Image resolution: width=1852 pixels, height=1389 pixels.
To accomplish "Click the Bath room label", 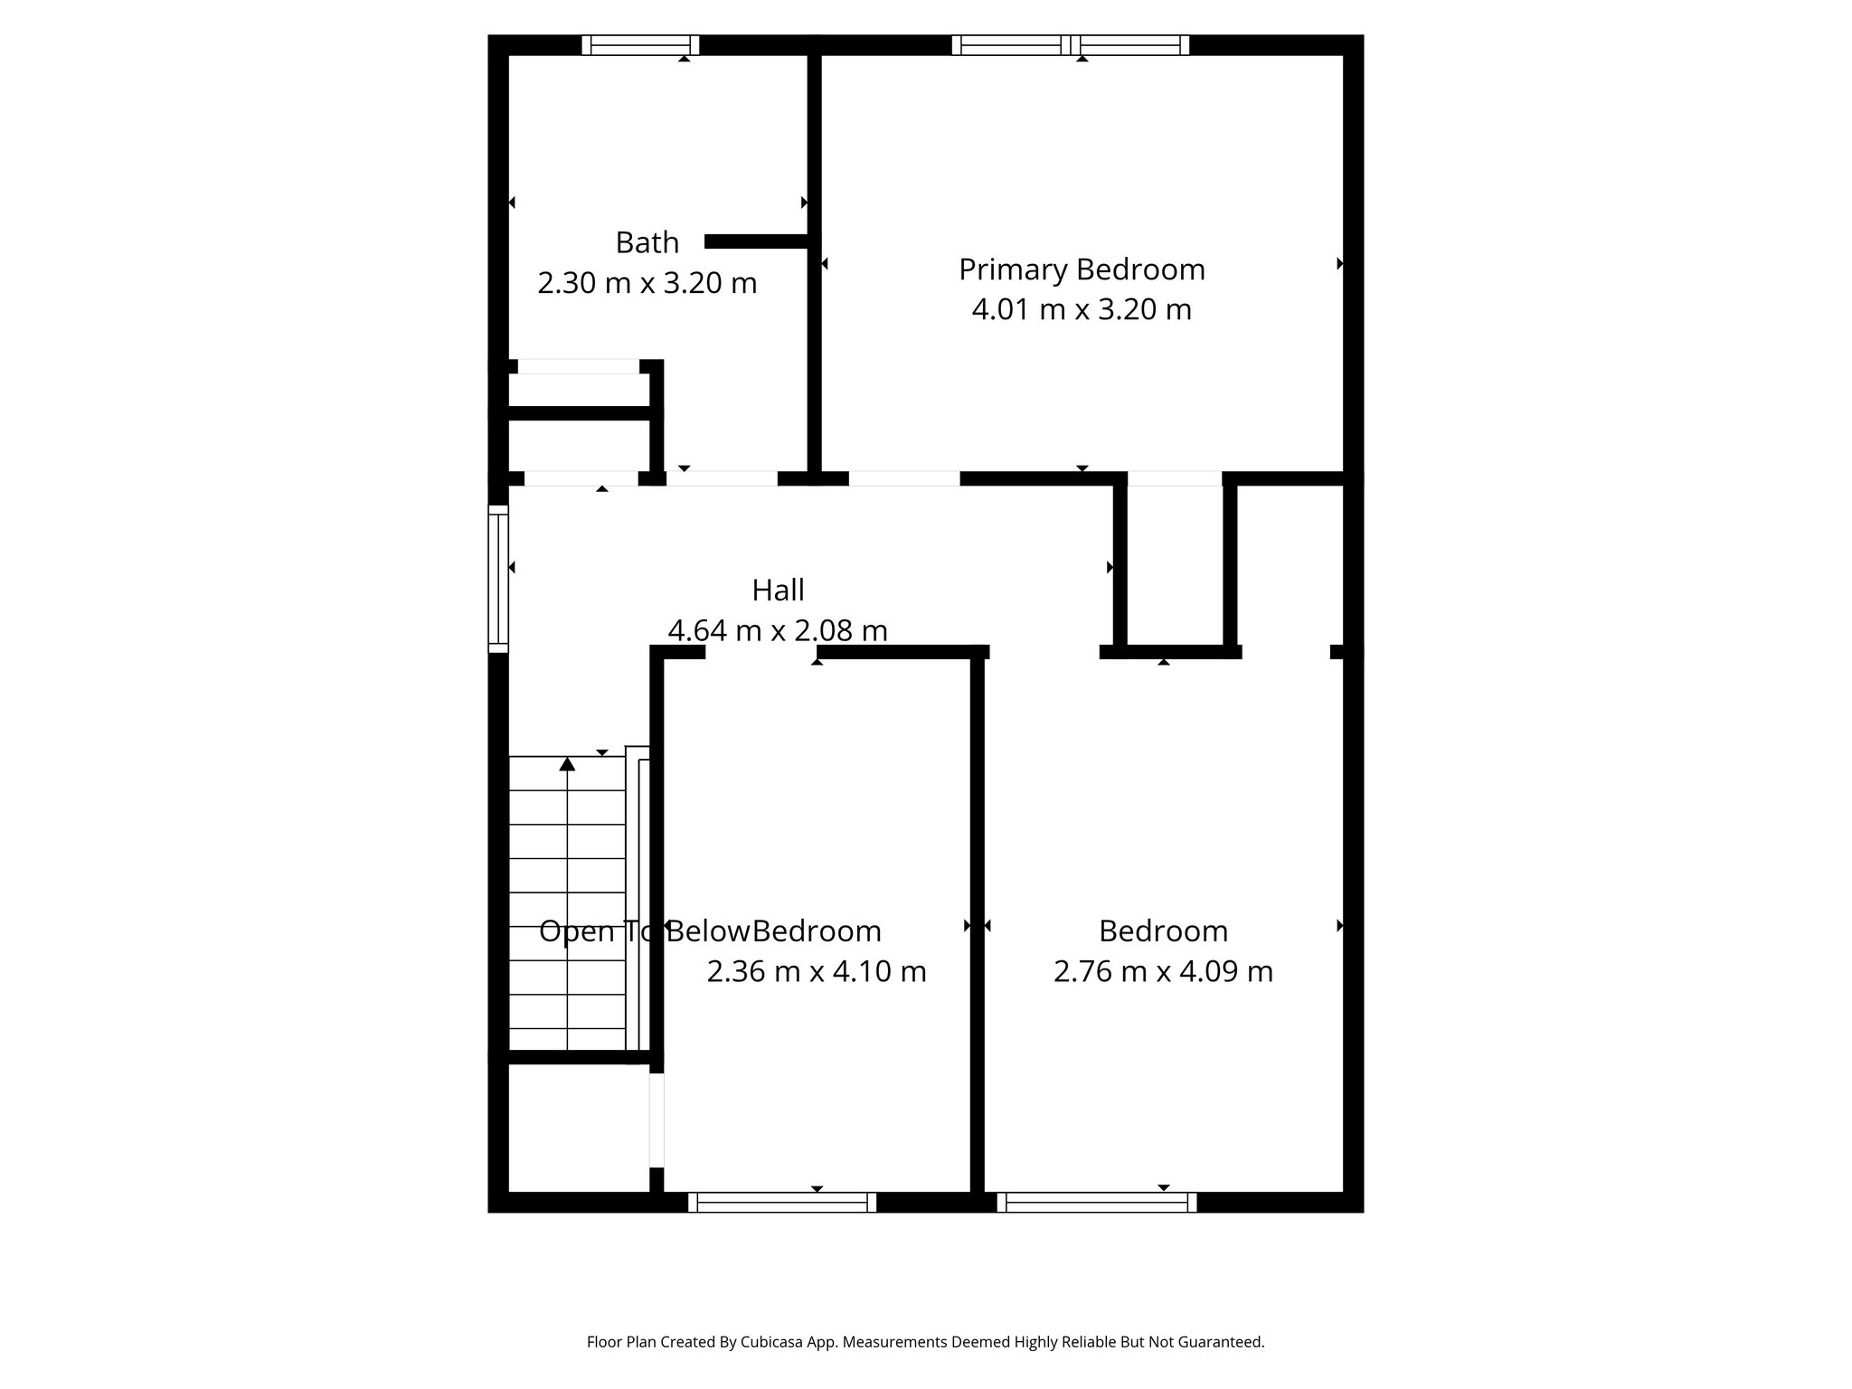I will [647, 242].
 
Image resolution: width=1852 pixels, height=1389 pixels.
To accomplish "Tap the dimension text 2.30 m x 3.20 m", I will [647, 283].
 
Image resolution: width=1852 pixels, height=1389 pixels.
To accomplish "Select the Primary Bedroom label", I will [1082, 269].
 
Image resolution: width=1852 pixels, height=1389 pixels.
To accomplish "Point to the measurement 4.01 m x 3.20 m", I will [1082, 309].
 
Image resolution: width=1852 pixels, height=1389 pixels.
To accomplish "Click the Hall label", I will [778, 591].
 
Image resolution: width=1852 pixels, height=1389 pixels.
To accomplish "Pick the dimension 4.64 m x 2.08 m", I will [778, 630].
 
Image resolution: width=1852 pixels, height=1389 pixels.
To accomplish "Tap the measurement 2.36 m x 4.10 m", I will [816, 971].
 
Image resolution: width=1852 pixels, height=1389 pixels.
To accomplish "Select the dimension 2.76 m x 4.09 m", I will [1163, 971].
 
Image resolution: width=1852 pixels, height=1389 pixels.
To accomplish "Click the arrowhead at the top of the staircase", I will [567, 764].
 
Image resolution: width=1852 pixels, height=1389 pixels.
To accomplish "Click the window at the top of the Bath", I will [640, 45].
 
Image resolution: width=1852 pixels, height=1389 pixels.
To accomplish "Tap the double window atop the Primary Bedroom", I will [1071, 45].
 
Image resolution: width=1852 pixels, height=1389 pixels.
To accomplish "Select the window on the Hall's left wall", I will [498, 579].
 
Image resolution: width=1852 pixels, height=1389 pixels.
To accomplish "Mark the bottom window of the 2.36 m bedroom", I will [782, 1202].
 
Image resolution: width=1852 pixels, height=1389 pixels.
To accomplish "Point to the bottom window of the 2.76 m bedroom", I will [1097, 1202].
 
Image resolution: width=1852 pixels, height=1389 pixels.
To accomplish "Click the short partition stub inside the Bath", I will [756, 241].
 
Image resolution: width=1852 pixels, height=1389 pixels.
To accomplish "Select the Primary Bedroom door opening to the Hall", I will [903, 478].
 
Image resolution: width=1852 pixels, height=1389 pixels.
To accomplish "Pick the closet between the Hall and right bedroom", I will [1175, 565].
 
